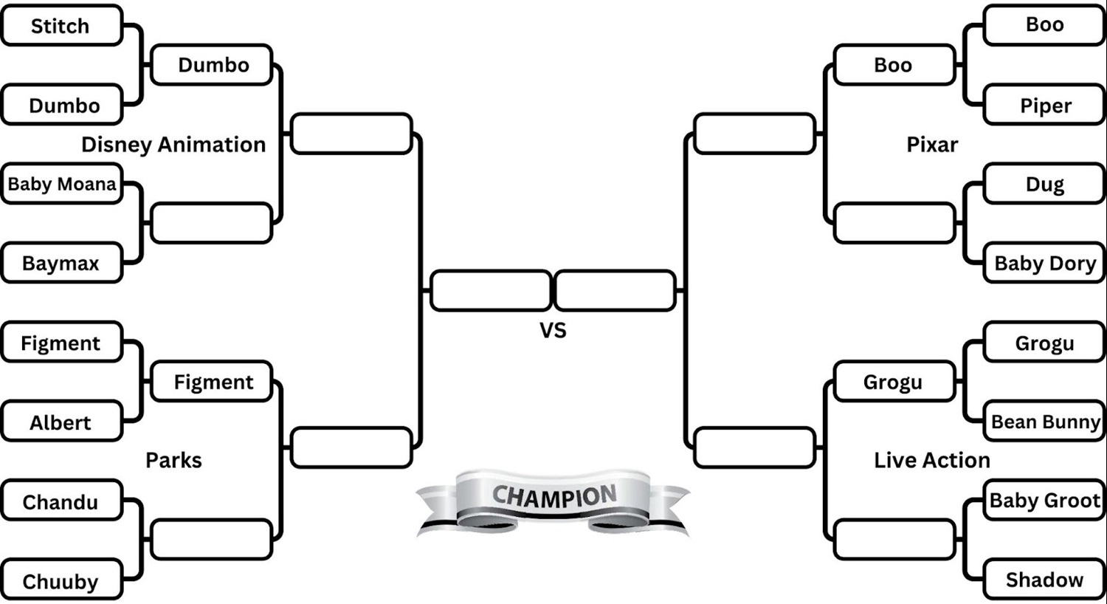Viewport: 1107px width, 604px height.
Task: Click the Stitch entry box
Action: (x=61, y=26)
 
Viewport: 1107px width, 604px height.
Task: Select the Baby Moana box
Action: (x=61, y=184)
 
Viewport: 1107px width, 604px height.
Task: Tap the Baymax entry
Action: (x=61, y=263)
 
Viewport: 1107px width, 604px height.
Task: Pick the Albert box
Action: (x=61, y=422)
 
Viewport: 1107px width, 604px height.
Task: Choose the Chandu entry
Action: (x=61, y=501)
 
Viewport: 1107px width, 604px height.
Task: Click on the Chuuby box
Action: (x=61, y=581)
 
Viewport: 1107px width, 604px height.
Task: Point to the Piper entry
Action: (x=1045, y=106)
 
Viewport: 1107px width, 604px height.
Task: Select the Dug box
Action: (x=1045, y=184)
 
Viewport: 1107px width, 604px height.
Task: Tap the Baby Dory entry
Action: (x=1045, y=263)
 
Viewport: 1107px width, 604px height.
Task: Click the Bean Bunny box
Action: (x=1045, y=422)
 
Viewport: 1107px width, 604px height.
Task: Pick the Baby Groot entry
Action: (x=1045, y=501)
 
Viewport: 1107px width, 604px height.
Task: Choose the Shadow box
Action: (x=1045, y=580)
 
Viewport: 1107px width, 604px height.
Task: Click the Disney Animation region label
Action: (x=173, y=145)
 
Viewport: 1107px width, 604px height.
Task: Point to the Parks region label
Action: (x=173, y=460)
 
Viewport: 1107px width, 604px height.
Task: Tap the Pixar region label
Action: (x=932, y=145)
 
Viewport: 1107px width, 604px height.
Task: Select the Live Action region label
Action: (x=932, y=460)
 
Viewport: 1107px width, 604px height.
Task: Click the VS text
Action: (x=553, y=330)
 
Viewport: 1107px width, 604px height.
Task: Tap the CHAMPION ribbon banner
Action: (x=553, y=498)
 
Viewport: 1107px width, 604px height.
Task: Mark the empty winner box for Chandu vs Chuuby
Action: (x=211, y=540)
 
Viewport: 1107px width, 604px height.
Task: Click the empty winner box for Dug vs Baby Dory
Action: (x=894, y=223)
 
